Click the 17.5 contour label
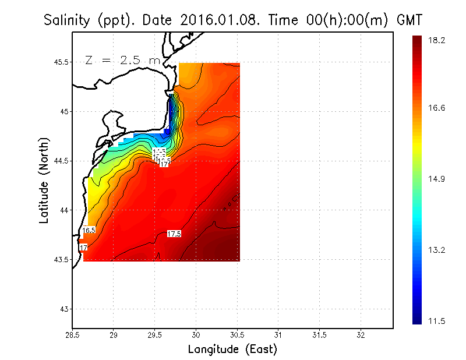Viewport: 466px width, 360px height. [174, 234]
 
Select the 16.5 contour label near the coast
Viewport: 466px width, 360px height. [89, 230]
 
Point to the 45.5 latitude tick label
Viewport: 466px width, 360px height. [59, 62]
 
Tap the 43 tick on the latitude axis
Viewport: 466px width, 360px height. [63, 309]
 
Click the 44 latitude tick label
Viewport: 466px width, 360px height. [63, 210]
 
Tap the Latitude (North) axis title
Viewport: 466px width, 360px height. [44, 179]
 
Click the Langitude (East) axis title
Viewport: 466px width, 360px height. [232, 350]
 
